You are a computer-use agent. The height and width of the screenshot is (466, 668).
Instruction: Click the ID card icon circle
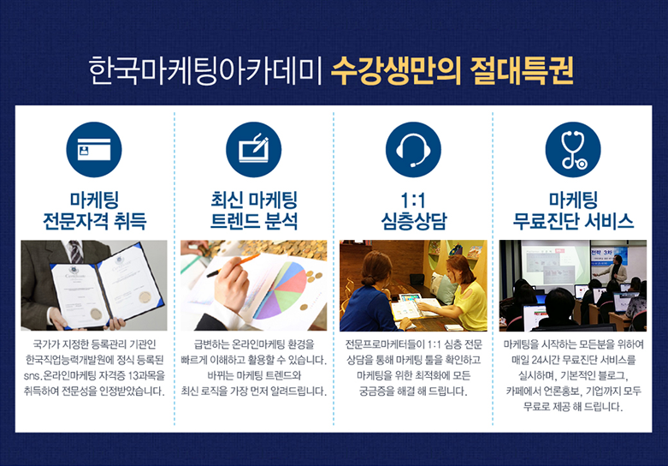(94, 149)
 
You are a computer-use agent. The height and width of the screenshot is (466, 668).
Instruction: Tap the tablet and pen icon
(253, 149)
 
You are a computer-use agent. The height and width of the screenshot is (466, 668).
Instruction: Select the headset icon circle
(413, 149)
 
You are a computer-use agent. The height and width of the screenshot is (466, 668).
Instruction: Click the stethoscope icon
(573, 149)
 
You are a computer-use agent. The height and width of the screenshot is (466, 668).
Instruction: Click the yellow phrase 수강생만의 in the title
(396, 70)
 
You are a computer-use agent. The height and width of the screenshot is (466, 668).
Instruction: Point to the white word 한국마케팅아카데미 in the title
(206, 70)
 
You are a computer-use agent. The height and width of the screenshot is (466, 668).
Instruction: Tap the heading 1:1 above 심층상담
(413, 200)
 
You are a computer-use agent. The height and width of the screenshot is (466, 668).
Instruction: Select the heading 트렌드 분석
(253, 221)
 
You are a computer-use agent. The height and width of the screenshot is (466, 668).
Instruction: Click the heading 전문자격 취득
(94, 221)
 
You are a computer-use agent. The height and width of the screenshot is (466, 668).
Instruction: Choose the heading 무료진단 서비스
(573, 221)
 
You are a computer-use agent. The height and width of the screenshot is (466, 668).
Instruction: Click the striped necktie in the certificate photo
(76, 252)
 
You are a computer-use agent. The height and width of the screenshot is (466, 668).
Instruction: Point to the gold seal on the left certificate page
(97, 314)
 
